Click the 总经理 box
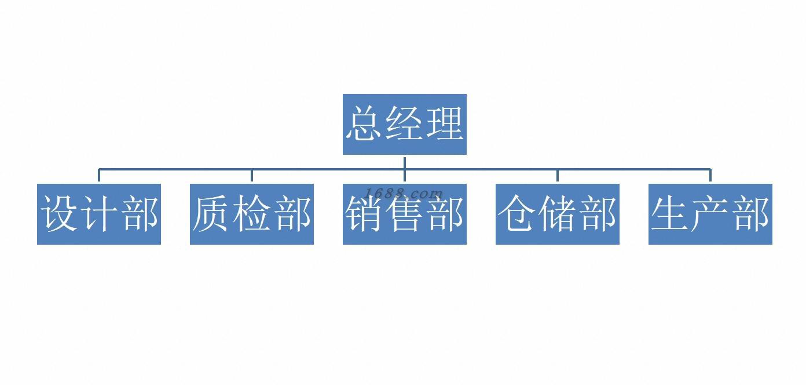tap(404, 124)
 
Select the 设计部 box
tap(99, 214)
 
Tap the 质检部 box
tap(251, 214)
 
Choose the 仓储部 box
tap(557, 214)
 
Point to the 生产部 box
tap(710, 214)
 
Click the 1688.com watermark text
tap(404, 194)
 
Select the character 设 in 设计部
tap(60, 214)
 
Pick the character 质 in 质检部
tap(212, 214)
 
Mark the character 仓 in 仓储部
tap(517, 214)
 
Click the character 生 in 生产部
tap(671, 214)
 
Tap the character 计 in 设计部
tap(99, 214)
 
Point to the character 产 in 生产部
tap(710, 214)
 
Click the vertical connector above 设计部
tap(99, 176)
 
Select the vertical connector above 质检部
tap(251, 176)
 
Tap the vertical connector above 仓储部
tap(557, 176)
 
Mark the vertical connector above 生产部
tap(710, 176)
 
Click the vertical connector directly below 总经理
tap(404, 162)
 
